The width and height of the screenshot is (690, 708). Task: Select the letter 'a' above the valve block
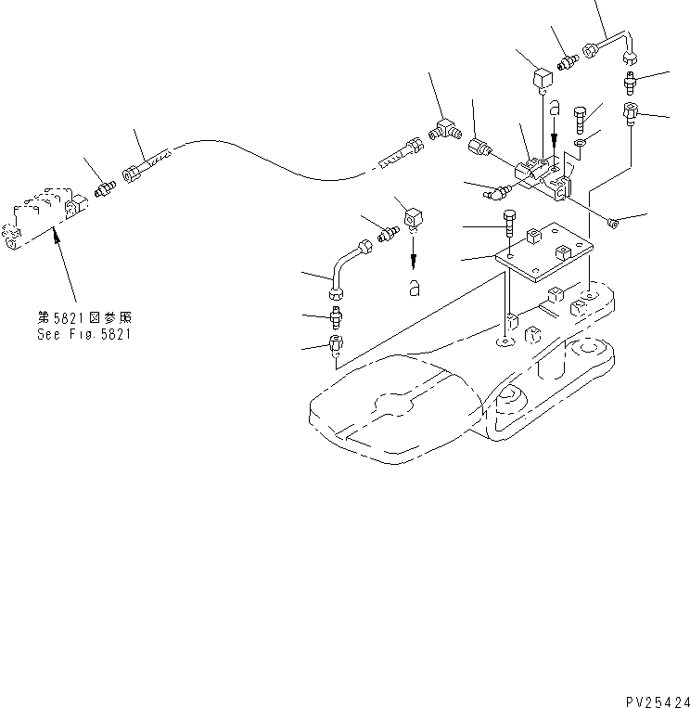point(554,109)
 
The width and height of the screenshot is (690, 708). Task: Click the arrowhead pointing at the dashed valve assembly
point(59,238)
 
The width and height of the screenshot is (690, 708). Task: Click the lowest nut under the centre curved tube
point(337,350)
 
